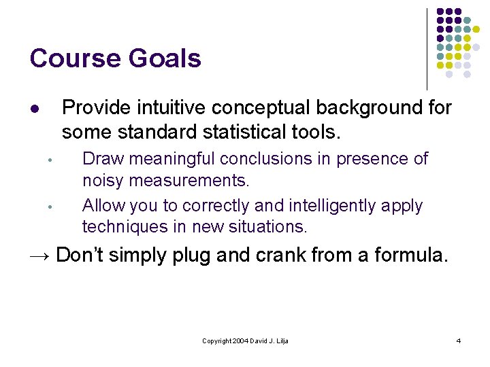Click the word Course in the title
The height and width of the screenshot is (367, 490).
(x=70, y=58)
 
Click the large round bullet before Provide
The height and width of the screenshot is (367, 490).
(x=35, y=109)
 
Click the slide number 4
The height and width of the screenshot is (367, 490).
(x=458, y=340)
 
